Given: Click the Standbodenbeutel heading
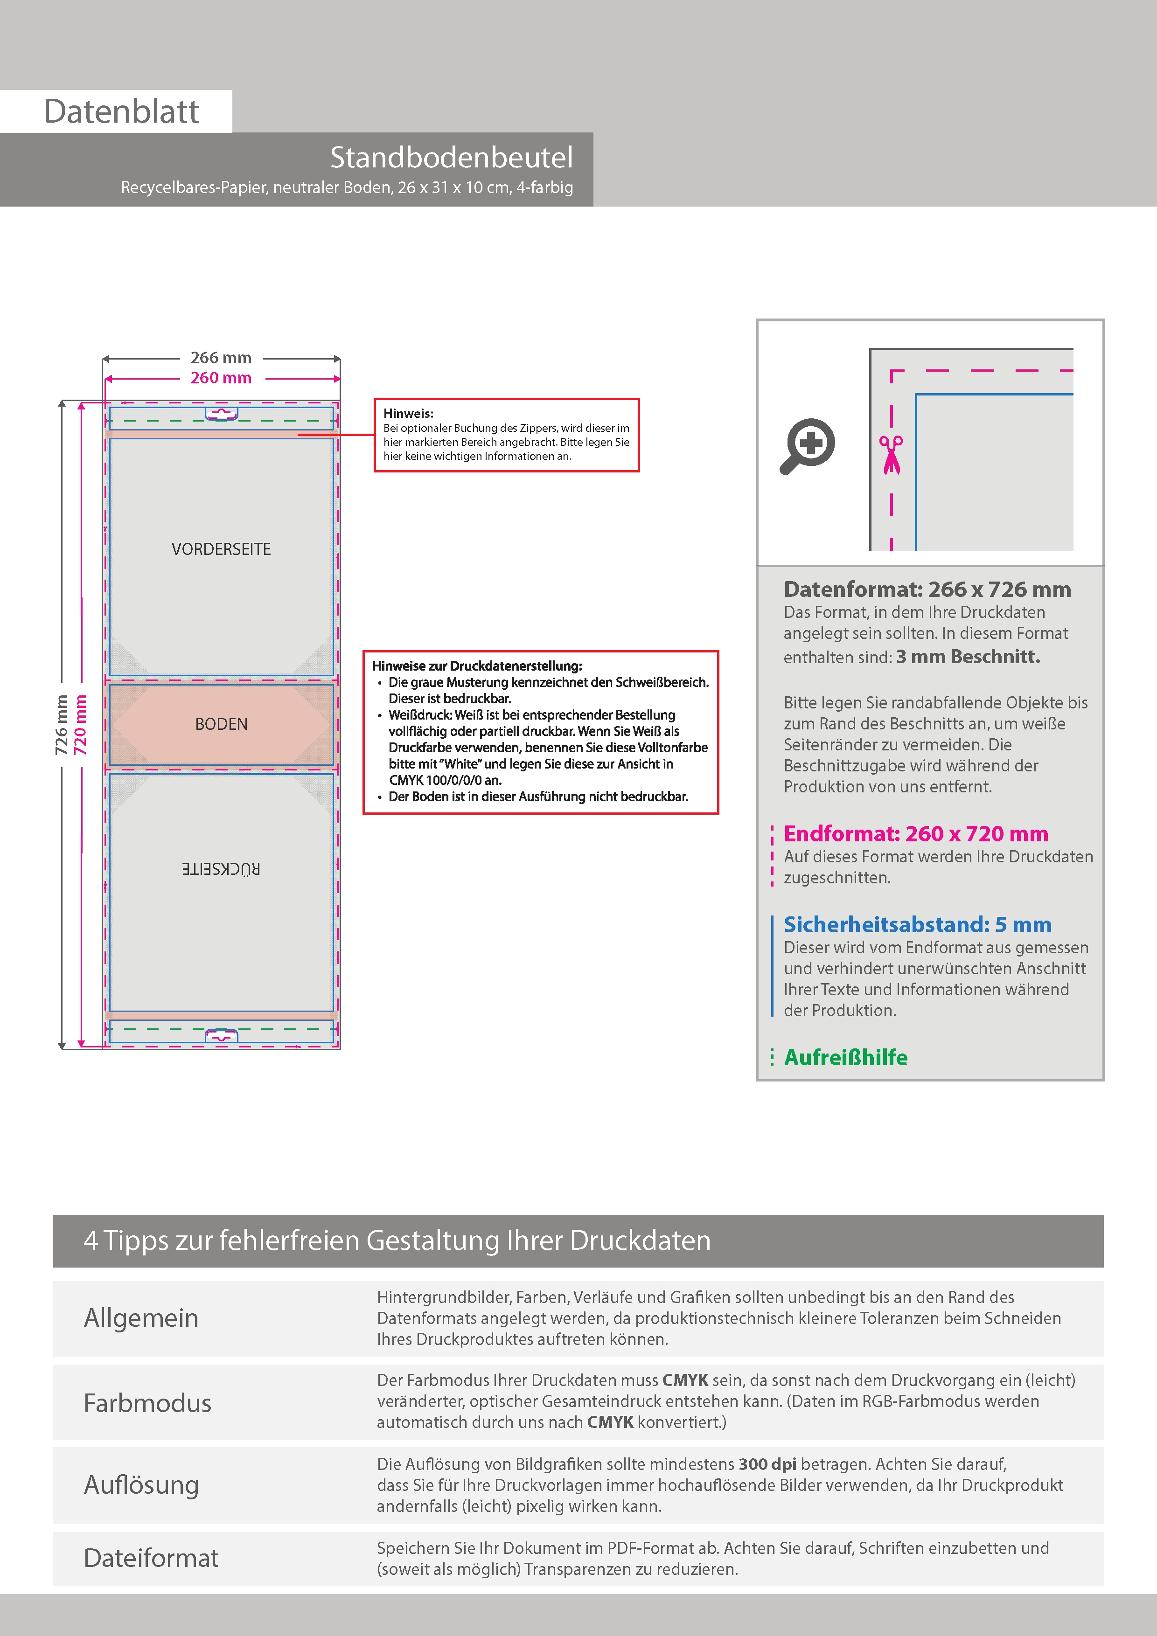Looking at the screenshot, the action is (x=451, y=158).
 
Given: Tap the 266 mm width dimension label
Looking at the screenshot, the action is (x=221, y=358).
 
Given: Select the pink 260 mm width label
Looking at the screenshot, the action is (x=221, y=378).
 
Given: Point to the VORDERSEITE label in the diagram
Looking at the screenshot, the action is (x=221, y=549).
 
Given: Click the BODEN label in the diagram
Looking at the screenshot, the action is (x=221, y=724).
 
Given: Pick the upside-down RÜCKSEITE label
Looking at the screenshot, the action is (x=221, y=868).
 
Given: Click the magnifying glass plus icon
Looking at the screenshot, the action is (x=807, y=446).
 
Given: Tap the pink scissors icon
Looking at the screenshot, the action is (x=891, y=455).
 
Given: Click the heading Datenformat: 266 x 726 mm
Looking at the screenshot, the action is (x=927, y=589).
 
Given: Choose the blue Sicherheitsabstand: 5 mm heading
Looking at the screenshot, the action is (x=918, y=924).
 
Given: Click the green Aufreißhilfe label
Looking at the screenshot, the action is (x=845, y=1057).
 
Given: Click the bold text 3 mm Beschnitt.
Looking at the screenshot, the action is (x=968, y=656).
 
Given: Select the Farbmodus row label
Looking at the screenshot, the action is (x=147, y=1403).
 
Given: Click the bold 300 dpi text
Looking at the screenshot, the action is (x=768, y=1464).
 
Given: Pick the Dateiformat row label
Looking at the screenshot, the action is (x=151, y=1558).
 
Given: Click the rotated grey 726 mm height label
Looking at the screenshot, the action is (x=61, y=725).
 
